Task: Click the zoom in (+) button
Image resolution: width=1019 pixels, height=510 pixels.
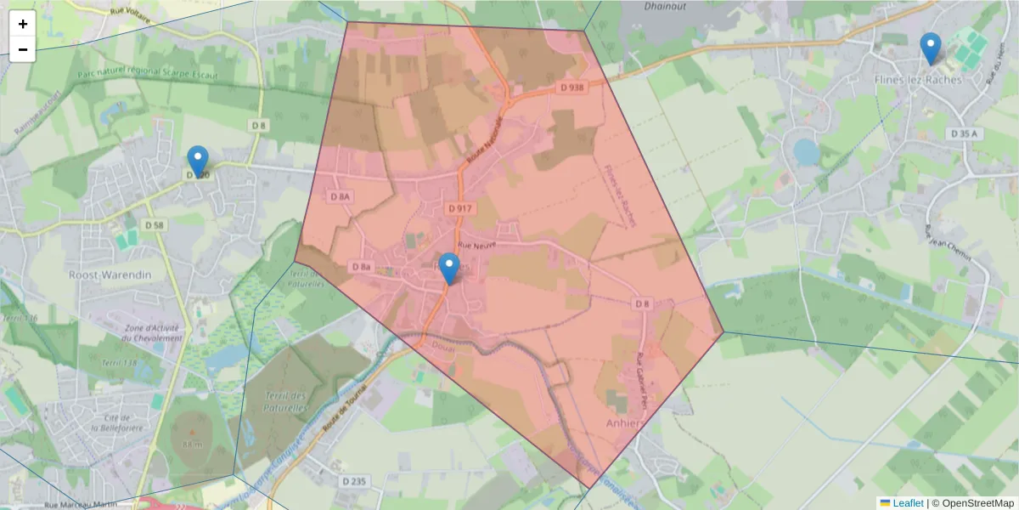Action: tap(23, 24)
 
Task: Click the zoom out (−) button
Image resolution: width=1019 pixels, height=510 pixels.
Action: tap(23, 49)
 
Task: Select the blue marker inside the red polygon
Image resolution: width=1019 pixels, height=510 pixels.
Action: tap(449, 269)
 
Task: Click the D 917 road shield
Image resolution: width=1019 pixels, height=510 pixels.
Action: tap(459, 208)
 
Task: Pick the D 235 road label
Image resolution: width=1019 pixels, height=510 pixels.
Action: tap(353, 481)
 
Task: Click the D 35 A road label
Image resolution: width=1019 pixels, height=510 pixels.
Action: tap(964, 134)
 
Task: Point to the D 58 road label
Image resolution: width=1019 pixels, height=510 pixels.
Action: tap(154, 225)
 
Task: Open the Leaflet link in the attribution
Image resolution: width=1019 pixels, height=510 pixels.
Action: tap(908, 503)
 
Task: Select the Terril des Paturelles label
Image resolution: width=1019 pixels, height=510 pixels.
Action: tap(279, 402)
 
